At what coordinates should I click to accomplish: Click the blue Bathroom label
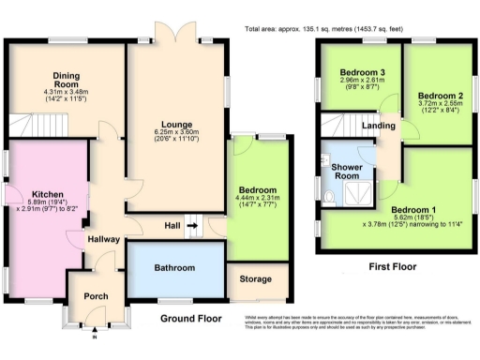(175, 268)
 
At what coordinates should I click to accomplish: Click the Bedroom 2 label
(439, 97)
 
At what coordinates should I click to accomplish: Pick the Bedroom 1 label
(413, 209)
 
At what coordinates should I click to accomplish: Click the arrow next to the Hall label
(193, 225)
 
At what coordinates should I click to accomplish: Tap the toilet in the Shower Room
(329, 195)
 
